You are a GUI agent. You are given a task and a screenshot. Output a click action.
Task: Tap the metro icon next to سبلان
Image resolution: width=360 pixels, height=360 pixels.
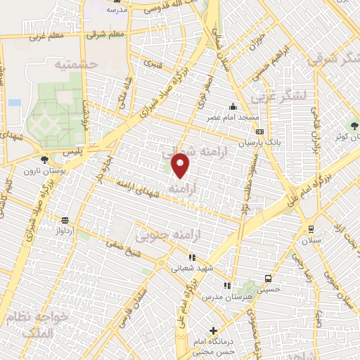click(x=310, y=229)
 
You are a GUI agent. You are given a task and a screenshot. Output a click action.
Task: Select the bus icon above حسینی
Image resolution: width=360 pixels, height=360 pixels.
click(x=267, y=277)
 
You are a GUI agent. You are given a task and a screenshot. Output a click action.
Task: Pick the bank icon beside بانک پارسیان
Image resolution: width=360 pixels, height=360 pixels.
click(x=260, y=132)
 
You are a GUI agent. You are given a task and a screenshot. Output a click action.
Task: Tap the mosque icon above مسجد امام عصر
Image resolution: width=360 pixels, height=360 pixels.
click(x=233, y=107)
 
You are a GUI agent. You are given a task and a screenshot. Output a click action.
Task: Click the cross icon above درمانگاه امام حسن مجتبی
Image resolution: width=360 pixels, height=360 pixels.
click(x=213, y=330)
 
